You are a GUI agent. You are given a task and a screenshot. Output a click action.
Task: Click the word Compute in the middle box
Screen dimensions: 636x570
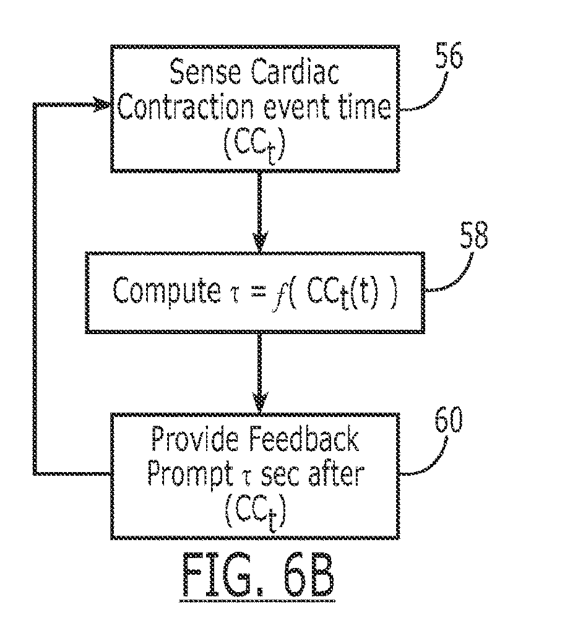click(160, 293)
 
